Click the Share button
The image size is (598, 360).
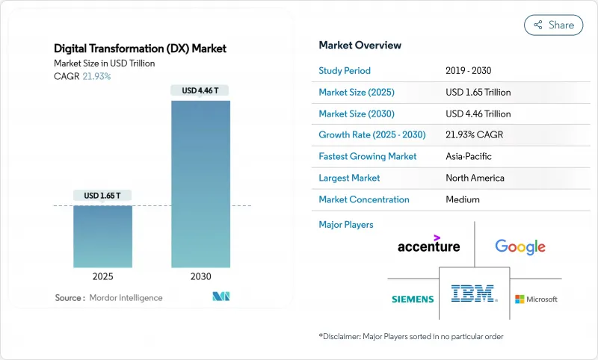[553, 25]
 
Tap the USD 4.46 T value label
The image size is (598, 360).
[200, 90]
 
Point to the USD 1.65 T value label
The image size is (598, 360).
[102, 196]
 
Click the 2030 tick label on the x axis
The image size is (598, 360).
[200, 276]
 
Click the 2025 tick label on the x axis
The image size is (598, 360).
[102, 276]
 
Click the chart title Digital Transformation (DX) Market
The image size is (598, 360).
[141, 49]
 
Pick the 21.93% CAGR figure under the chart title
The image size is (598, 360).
[96, 77]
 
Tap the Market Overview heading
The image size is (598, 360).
[360, 45]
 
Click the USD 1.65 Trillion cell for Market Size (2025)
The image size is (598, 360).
[478, 93]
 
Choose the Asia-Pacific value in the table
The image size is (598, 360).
[468, 157]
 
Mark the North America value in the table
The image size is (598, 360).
[475, 178]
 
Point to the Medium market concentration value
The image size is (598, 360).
[462, 199]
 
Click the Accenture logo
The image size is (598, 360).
[428, 244]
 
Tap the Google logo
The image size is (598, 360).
[520, 246]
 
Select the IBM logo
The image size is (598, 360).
[475, 294]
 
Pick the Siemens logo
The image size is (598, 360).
[413, 299]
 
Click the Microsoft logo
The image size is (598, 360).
[536, 299]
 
